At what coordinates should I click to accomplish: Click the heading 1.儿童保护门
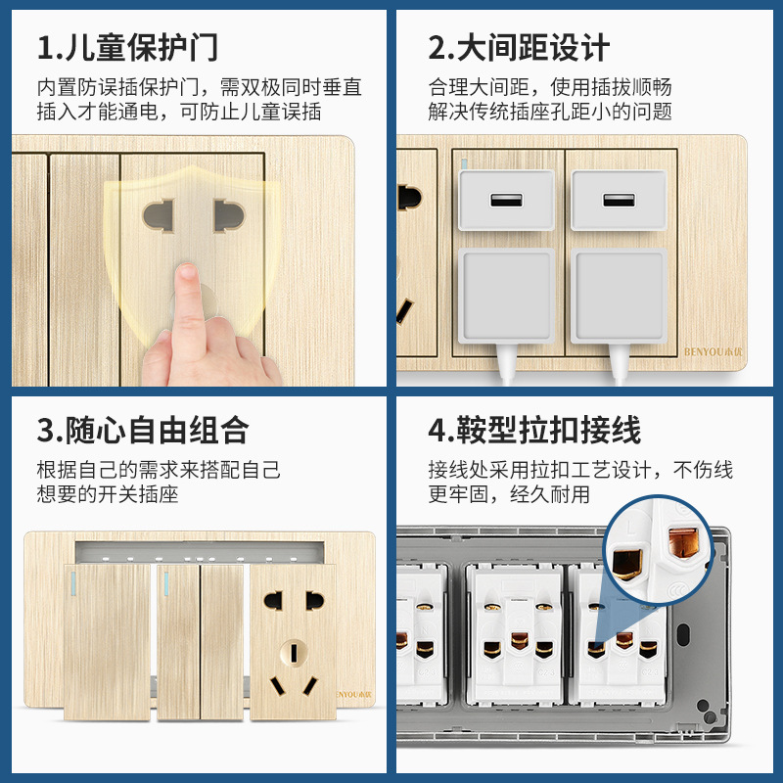click(128, 48)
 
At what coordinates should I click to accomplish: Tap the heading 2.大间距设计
click(519, 48)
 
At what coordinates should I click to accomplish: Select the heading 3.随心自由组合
click(143, 431)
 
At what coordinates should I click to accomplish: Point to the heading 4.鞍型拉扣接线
click(534, 431)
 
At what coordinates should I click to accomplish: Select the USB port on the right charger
click(618, 201)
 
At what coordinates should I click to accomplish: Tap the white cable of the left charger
click(506, 367)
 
